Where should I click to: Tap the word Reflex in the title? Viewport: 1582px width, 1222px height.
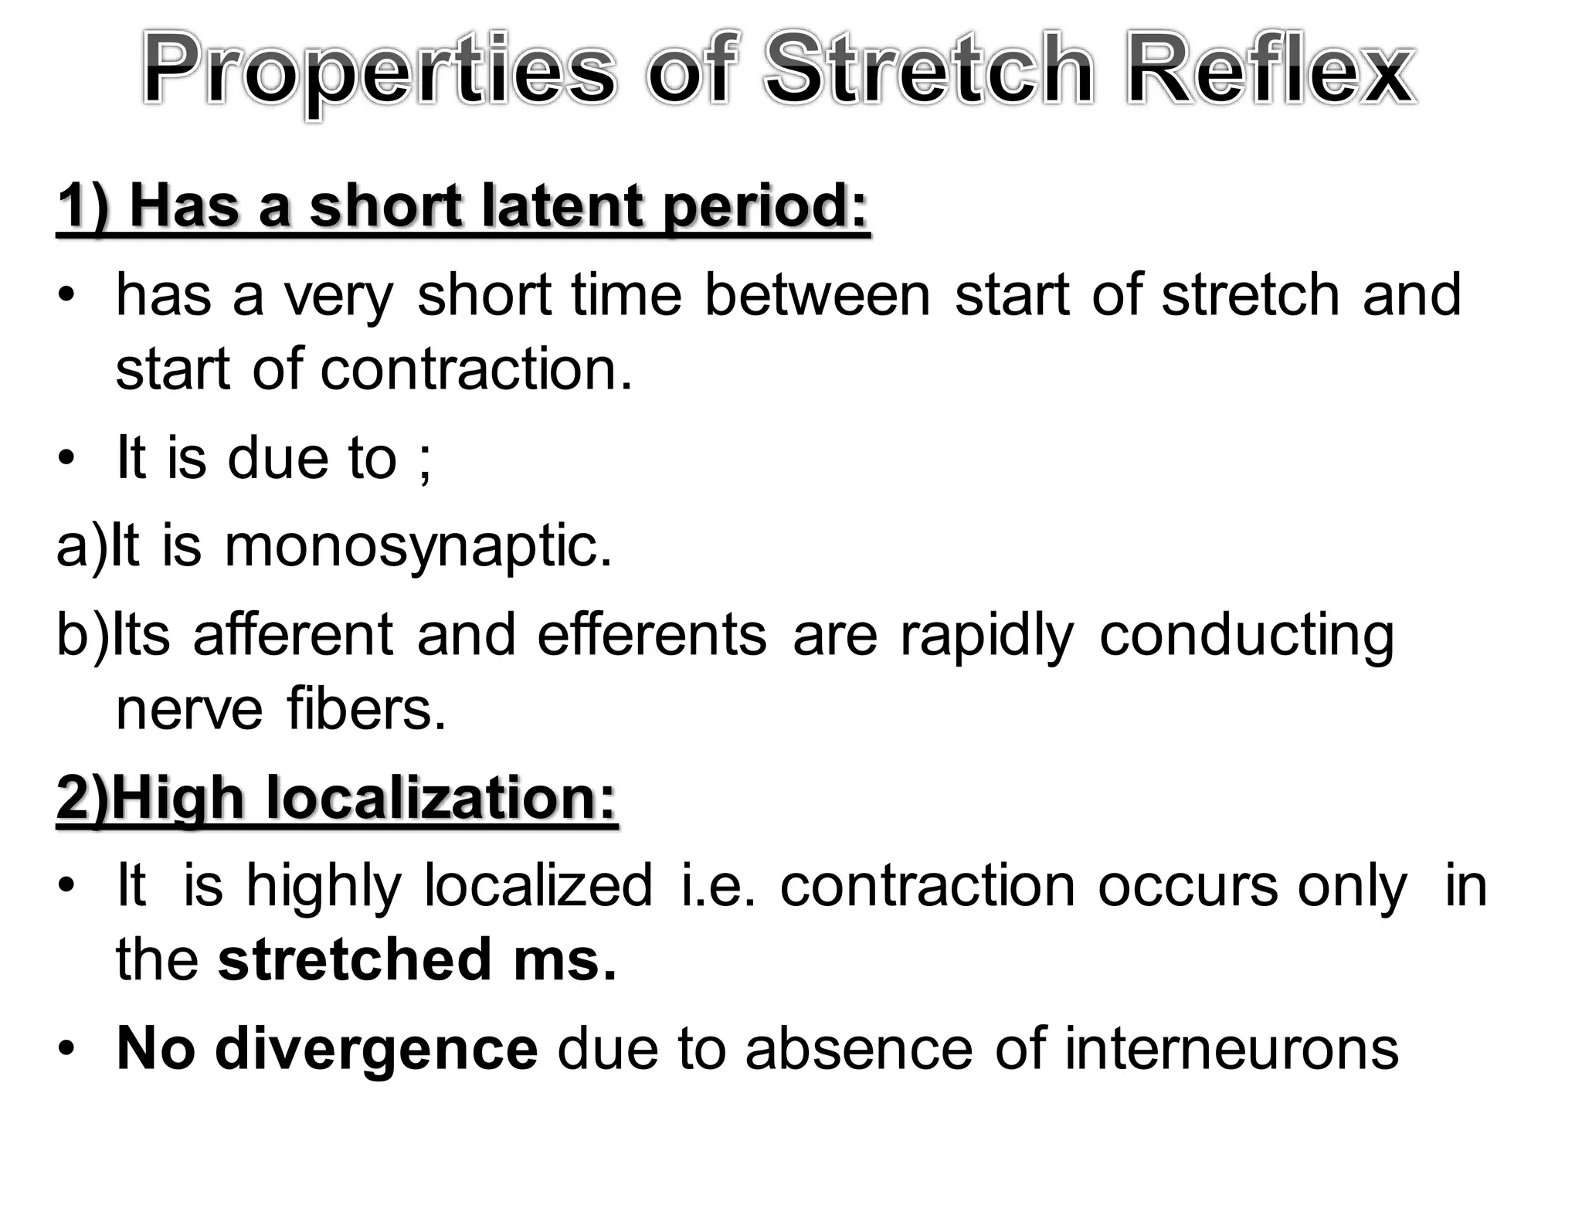coord(1270,70)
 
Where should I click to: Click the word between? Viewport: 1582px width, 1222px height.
coord(817,295)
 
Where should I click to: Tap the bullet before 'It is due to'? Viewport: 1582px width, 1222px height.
coord(67,458)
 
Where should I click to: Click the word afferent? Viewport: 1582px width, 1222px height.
coord(293,635)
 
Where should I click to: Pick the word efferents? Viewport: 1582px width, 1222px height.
coord(652,635)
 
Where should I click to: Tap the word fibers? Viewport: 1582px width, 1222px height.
coord(366,708)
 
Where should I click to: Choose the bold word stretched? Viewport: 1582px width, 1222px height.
coord(354,959)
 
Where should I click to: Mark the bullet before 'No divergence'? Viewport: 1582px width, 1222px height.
coord(67,1050)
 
